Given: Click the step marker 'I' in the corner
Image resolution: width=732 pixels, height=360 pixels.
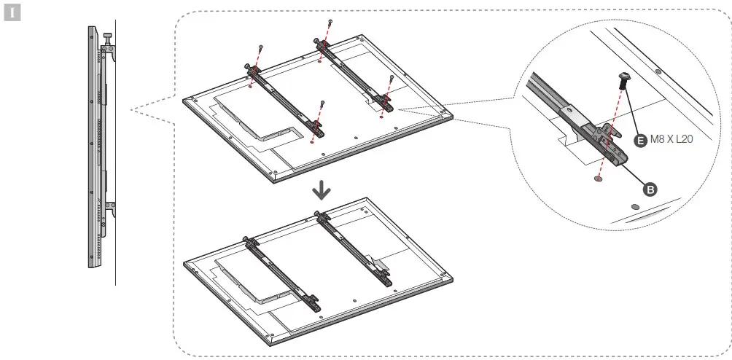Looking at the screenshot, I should coord(9,13).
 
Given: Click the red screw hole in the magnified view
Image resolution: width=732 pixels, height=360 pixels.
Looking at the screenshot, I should coord(599,178).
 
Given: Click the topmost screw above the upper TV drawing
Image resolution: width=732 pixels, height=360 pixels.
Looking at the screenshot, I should coord(332,23).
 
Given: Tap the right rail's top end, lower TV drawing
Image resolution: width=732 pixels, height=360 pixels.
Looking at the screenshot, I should coord(318,215).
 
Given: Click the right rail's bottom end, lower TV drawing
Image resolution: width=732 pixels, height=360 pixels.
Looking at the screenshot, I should coord(380,275).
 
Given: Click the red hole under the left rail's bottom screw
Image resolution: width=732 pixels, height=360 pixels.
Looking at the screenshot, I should coord(312,143).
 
